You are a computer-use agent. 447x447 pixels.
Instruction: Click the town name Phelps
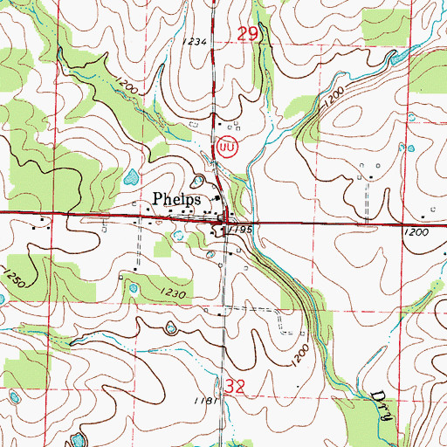[177, 199]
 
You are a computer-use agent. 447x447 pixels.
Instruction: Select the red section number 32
[235, 385]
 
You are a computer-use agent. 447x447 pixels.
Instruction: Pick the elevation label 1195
[242, 229]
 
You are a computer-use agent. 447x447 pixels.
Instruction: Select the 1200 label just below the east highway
[417, 233]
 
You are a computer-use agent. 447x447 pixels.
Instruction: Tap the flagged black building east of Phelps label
[217, 198]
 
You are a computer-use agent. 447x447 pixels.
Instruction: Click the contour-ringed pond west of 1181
[170, 328]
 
